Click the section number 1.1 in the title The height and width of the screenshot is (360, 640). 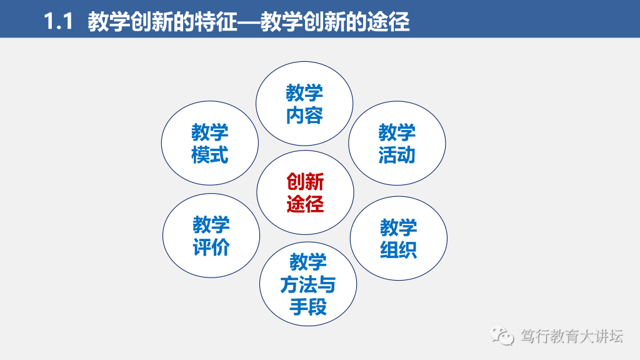[x=58, y=21]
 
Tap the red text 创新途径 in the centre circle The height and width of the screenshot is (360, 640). [x=305, y=192]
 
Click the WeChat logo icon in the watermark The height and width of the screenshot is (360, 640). [x=502, y=336]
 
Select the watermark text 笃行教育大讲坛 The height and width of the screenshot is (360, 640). [x=572, y=336]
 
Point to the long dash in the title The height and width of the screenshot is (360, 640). [x=249, y=22]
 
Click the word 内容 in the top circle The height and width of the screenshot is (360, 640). [x=304, y=116]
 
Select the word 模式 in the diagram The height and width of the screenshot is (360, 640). [x=210, y=155]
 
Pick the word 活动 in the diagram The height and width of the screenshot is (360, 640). [x=397, y=155]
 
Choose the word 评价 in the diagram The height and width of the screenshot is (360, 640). [x=211, y=247]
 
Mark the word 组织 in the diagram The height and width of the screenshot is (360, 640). [x=398, y=250]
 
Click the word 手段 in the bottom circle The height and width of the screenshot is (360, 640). [x=308, y=307]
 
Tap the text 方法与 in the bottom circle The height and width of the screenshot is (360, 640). [x=308, y=284]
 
